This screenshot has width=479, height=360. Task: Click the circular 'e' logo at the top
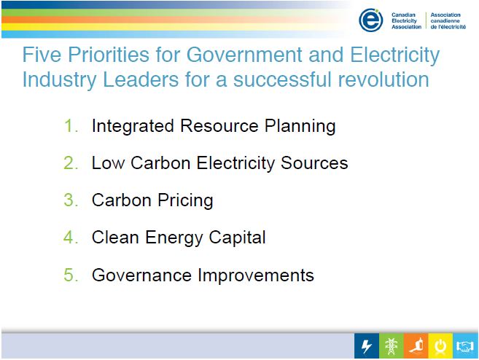tap(371, 20)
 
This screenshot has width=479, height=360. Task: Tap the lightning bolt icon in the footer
tap(367, 346)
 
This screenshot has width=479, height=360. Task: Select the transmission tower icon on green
tap(392, 346)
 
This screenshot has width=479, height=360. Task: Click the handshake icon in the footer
tap(465, 346)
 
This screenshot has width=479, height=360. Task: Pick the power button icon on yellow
tap(440, 346)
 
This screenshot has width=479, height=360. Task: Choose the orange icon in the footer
tap(416, 346)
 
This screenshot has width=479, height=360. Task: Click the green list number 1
tap(70, 126)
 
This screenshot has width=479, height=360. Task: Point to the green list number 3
tap(70, 200)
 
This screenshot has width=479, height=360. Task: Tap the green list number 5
tap(70, 275)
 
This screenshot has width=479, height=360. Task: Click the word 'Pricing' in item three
tap(184, 200)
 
